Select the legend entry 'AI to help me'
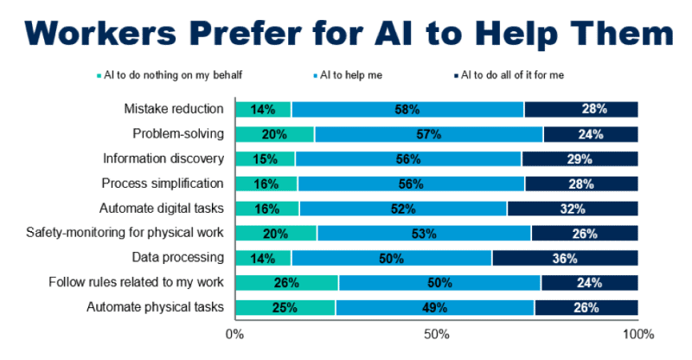click(x=352, y=75)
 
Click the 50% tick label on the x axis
click(x=435, y=334)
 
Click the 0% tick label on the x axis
click(x=234, y=334)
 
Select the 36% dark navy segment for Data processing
click(x=565, y=258)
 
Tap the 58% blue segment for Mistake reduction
click(x=407, y=109)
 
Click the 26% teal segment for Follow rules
click(x=286, y=283)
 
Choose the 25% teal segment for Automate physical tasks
click(x=285, y=307)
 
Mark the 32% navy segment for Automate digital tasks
click(x=573, y=209)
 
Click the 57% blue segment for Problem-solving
click(x=429, y=134)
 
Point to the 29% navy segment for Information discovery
click(x=580, y=159)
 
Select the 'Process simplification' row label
click(x=163, y=183)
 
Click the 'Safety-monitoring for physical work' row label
click(x=125, y=233)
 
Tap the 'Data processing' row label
click(x=178, y=258)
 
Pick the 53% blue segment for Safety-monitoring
click(x=424, y=233)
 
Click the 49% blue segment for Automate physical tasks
click(x=434, y=307)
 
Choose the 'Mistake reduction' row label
click(x=174, y=109)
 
